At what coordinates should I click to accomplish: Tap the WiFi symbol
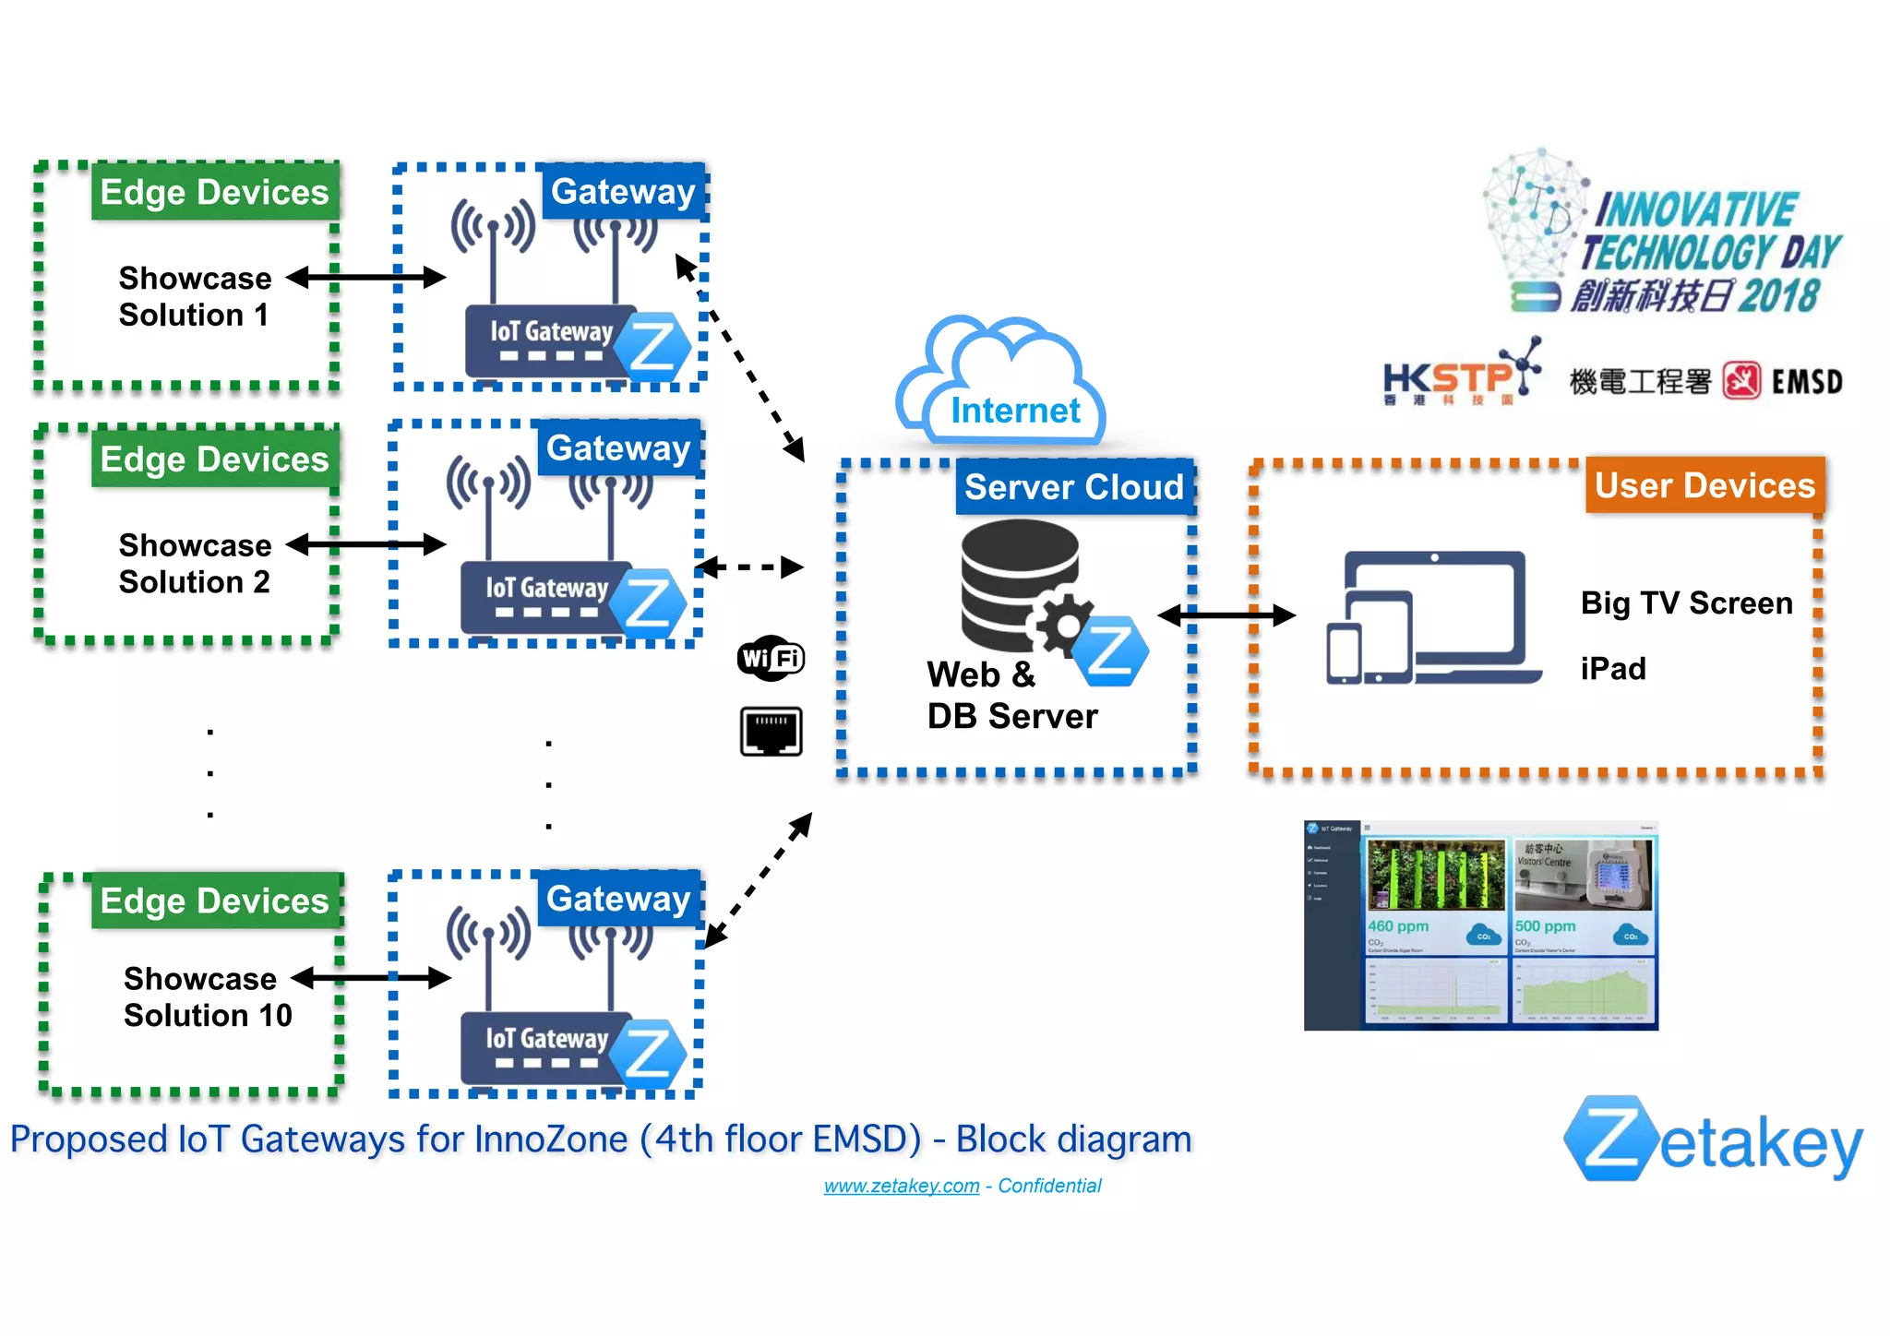[771, 658]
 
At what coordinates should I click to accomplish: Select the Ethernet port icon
[771, 732]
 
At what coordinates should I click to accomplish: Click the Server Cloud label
[1073, 486]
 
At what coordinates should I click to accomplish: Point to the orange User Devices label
[1704, 485]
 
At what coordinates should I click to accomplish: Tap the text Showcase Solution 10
[207, 996]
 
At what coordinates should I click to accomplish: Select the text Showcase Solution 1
[195, 296]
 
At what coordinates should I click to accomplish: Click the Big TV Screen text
[1685, 603]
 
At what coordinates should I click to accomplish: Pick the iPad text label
[1612, 669]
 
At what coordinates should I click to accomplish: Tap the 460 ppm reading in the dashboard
[1397, 926]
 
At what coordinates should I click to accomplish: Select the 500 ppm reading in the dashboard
[1545, 926]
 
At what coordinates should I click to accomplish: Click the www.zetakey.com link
[901, 1186]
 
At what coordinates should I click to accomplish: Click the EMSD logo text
[1806, 382]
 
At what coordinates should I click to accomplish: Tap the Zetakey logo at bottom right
[1713, 1140]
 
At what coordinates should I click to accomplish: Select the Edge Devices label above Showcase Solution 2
[214, 459]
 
